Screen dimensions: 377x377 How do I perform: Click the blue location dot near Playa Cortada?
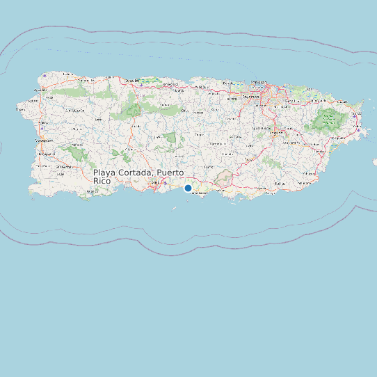pyautogui.click(x=188, y=188)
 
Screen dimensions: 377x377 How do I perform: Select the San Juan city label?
pyautogui.click(x=259, y=82)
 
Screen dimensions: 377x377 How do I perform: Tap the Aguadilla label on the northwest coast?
pyautogui.click(x=40, y=90)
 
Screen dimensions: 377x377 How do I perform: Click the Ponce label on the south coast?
pyautogui.click(x=154, y=182)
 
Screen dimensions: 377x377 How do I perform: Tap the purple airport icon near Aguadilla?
pyautogui.click(x=44, y=75)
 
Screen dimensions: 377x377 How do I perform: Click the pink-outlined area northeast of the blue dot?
pyautogui.click(x=223, y=179)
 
